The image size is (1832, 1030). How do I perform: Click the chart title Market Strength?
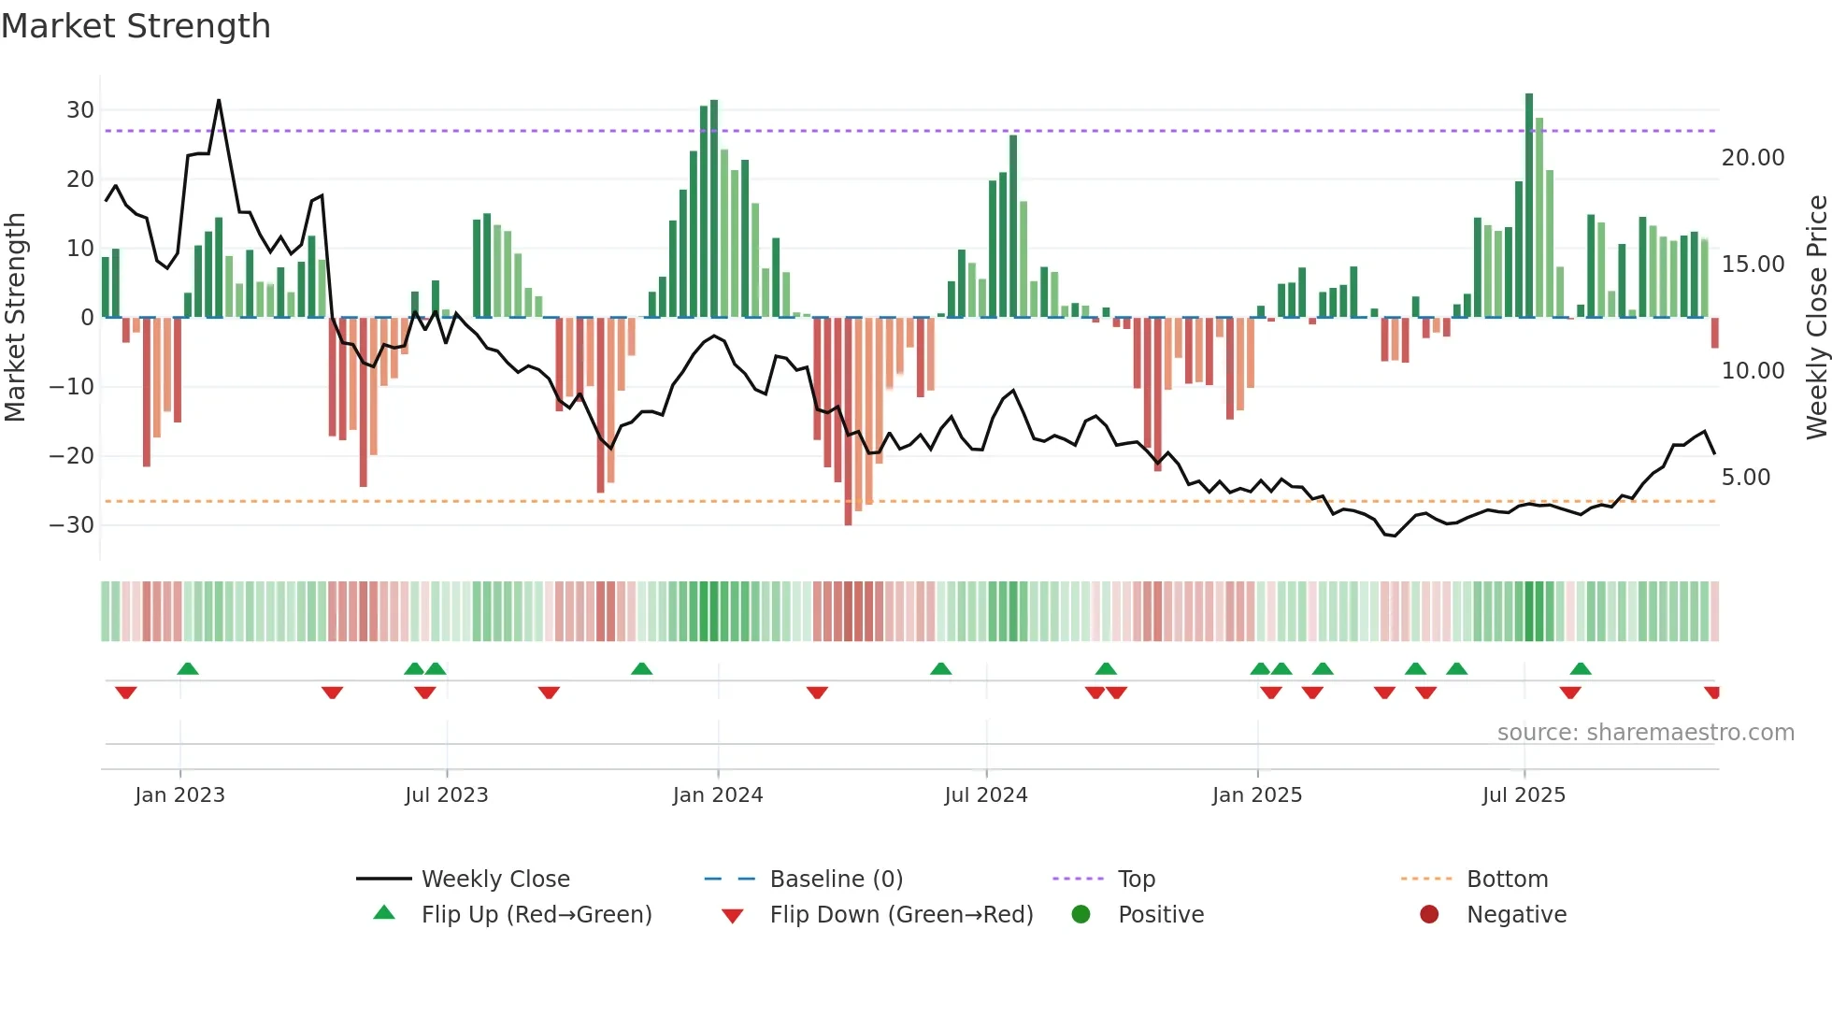click(x=136, y=26)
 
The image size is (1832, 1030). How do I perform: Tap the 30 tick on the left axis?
click(x=80, y=110)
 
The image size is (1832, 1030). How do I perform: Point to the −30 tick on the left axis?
click(x=73, y=525)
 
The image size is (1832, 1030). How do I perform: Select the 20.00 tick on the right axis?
click(x=1753, y=158)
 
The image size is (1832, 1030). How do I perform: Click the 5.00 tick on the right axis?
click(x=1745, y=478)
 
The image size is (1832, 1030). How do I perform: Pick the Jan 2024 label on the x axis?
click(x=717, y=795)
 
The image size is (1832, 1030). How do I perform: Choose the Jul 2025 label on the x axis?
click(x=1523, y=795)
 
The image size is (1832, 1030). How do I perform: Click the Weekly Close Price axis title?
click(x=1816, y=318)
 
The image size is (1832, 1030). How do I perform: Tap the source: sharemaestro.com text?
click(x=1645, y=733)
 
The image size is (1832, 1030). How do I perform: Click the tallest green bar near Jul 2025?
click(x=1529, y=206)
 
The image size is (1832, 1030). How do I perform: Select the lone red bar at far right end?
click(x=1714, y=333)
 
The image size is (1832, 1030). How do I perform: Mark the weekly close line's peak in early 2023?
click(x=219, y=100)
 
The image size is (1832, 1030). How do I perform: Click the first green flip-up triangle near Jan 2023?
click(x=188, y=668)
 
